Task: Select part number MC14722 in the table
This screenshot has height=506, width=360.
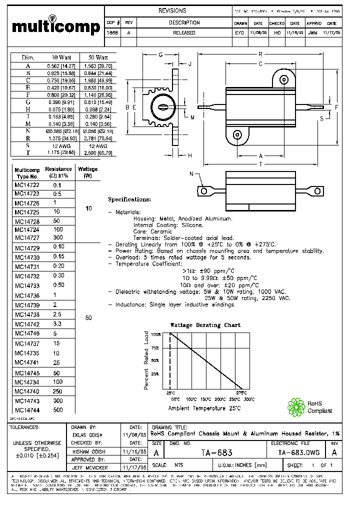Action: [x=27, y=185]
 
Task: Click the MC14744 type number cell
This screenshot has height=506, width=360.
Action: [x=27, y=409]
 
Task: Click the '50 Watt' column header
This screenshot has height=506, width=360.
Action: [x=98, y=57]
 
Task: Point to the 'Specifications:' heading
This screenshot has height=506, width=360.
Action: [x=129, y=199]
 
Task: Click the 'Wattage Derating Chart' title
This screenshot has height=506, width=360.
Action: [x=205, y=325]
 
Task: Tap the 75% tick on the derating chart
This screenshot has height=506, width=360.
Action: [x=155, y=347]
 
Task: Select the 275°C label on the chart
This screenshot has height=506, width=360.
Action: [x=241, y=393]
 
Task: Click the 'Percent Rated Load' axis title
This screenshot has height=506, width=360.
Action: [x=146, y=360]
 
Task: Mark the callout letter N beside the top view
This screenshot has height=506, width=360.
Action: [x=191, y=173]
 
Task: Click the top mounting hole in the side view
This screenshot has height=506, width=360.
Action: [x=283, y=79]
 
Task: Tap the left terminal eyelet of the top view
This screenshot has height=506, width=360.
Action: [x=203, y=191]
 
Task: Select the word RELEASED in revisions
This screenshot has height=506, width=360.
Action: [x=184, y=33]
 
